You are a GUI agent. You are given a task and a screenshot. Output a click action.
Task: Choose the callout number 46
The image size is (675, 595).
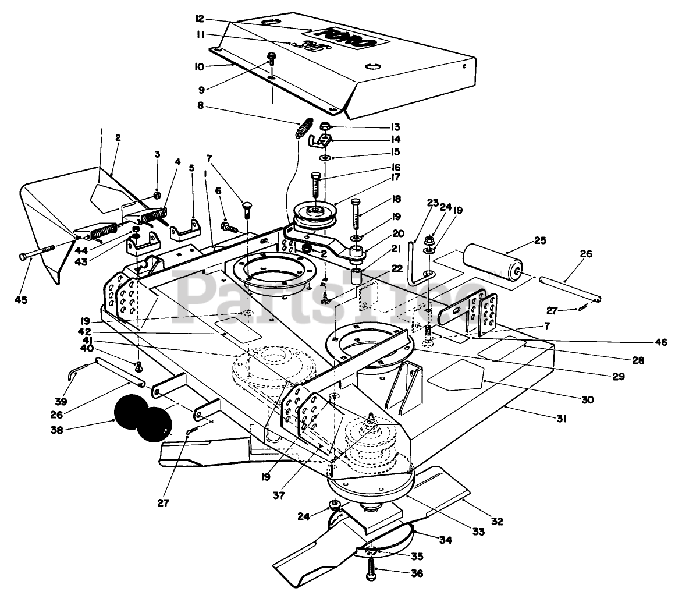[x=660, y=342]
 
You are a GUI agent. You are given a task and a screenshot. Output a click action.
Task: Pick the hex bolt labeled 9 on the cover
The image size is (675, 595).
[x=271, y=60]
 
